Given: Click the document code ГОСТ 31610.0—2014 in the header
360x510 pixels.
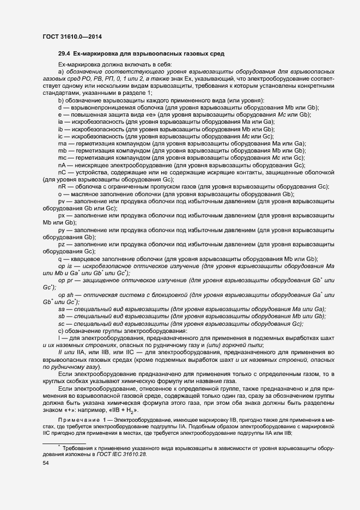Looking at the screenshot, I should point(72,37).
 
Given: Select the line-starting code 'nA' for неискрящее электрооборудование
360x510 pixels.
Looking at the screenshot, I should point(62,165).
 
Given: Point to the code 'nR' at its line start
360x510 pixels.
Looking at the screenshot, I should point(62,187).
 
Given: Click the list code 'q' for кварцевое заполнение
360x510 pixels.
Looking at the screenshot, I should point(60,259).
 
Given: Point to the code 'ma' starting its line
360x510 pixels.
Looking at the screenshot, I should point(62,143).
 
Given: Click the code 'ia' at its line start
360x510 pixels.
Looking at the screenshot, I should point(60,122).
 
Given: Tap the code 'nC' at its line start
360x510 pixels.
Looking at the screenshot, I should point(62,172).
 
